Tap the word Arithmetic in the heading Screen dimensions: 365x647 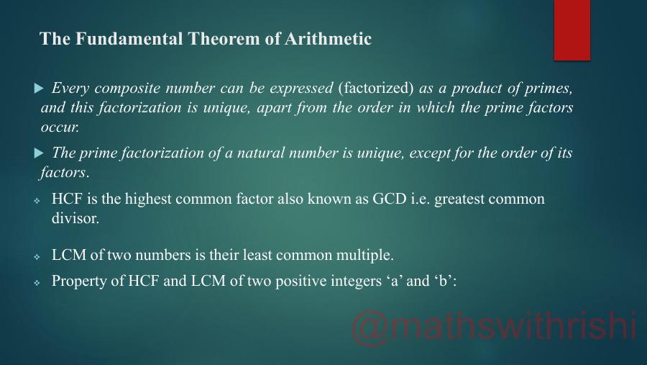[x=328, y=39]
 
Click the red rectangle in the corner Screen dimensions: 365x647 [x=572, y=30]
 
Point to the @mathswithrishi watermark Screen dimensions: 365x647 [x=495, y=326]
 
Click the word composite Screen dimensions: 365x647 [x=126, y=89]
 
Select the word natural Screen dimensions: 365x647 [x=260, y=153]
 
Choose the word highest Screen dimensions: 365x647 [x=150, y=199]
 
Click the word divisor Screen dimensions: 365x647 [x=75, y=218]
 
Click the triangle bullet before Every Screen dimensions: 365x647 [x=39, y=89]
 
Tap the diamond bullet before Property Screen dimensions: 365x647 [x=37, y=283]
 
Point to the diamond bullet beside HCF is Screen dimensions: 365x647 [x=37, y=201]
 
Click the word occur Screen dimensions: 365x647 [x=59, y=127]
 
